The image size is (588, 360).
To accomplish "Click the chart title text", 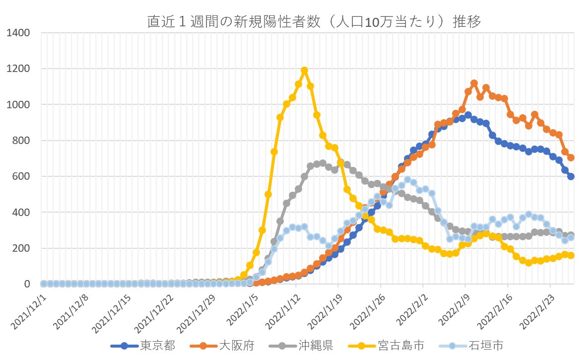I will click(314, 22).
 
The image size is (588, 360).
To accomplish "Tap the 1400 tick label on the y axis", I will click(19, 33).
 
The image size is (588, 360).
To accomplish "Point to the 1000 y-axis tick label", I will click(19, 105).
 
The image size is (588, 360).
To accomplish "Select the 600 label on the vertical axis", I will click(22, 177).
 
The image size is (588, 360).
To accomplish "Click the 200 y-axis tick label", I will click(22, 248).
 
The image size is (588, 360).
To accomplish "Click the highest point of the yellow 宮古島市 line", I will click(304, 71).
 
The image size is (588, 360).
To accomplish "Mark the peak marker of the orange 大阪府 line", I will click(474, 83).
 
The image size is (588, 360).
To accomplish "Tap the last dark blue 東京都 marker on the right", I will click(571, 176).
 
